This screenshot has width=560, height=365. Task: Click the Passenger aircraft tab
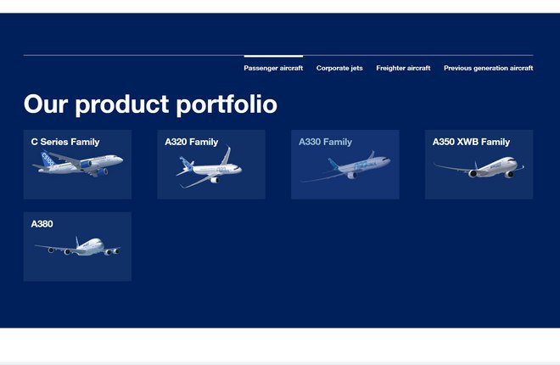(x=273, y=68)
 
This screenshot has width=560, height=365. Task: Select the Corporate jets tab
(x=339, y=68)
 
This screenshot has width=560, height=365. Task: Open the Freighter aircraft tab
(x=403, y=68)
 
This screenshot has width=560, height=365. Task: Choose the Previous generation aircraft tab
(x=488, y=68)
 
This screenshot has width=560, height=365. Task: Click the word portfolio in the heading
(x=227, y=105)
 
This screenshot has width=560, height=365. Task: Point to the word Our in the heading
(x=46, y=104)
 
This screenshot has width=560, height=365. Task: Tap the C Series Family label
(x=65, y=142)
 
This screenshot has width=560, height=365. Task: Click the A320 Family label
(x=192, y=142)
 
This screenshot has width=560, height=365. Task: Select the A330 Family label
(x=325, y=142)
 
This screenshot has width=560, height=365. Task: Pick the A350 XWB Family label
(x=471, y=142)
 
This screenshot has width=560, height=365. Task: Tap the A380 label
(x=42, y=224)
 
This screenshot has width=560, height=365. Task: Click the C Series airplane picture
(x=78, y=164)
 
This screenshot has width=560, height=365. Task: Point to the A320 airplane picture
(x=210, y=167)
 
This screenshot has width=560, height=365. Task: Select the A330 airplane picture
(x=345, y=166)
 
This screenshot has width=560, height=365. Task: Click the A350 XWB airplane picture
(x=479, y=167)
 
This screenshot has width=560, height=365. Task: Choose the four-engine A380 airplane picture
(x=77, y=246)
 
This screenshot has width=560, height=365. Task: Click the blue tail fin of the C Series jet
(x=48, y=159)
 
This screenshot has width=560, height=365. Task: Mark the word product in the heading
(x=122, y=105)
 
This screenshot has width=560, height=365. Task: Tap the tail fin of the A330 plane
(x=333, y=164)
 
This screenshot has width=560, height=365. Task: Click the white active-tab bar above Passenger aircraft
(x=273, y=56)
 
